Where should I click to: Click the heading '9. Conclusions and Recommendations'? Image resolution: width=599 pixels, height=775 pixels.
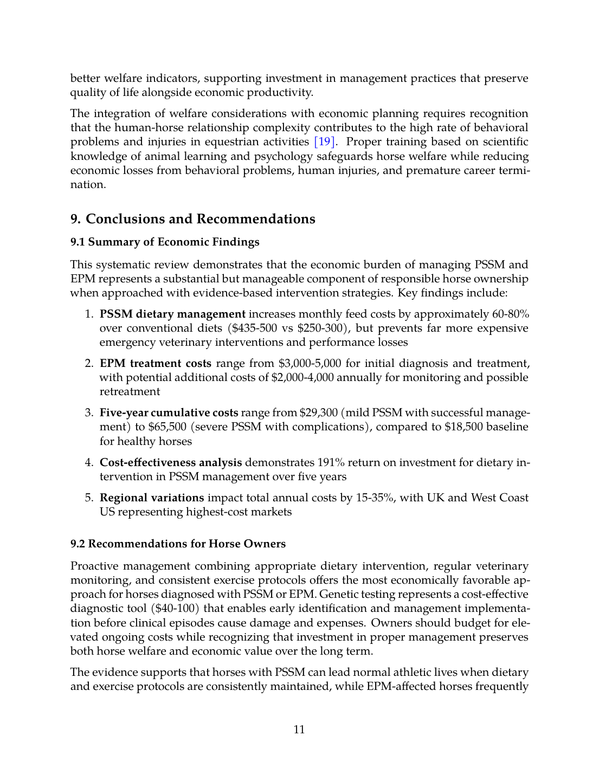click(x=192, y=219)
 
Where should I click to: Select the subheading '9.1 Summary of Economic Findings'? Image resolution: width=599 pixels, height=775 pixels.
click(x=165, y=242)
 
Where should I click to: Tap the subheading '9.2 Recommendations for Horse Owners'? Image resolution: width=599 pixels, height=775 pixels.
click(x=178, y=544)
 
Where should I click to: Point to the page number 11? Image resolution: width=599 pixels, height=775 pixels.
click(x=299, y=729)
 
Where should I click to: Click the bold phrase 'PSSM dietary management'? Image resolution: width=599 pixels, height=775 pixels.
click(x=172, y=314)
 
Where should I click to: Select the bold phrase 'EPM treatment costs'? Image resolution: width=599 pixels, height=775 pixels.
click(x=156, y=363)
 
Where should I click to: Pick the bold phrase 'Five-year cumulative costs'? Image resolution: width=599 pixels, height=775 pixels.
click(x=169, y=413)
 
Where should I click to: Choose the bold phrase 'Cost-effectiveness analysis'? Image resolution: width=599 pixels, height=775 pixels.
click(x=171, y=463)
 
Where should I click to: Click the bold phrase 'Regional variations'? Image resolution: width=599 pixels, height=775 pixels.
click(x=152, y=498)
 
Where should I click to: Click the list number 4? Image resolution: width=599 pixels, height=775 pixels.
click(x=89, y=463)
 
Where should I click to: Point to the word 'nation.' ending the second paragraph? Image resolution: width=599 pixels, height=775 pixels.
click(x=88, y=185)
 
